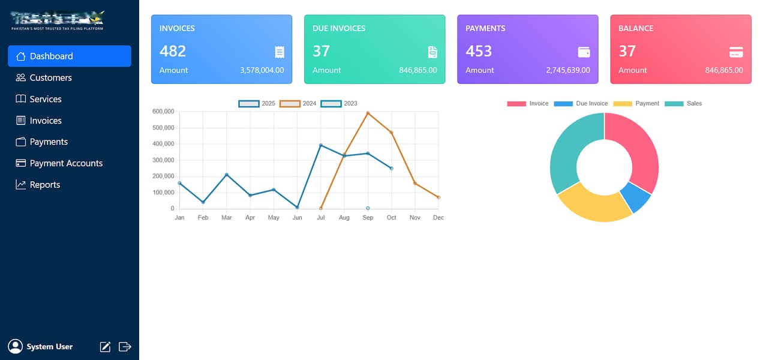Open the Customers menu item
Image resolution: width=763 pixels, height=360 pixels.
(x=50, y=77)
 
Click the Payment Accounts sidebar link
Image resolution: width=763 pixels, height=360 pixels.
(x=66, y=163)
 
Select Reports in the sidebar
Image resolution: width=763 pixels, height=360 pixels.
(x=45, y=185)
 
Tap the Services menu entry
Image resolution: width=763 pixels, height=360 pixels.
(x=46, y=99)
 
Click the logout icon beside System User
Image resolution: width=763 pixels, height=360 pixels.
(x=125, y=346)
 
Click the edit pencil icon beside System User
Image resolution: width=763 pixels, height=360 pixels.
(x=105, y=346)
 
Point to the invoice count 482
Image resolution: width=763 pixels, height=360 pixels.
(x=173, y=51)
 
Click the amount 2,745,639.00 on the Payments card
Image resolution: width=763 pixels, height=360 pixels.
(x=568, y=70)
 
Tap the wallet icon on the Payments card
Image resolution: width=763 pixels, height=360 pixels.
(x=584, y=52)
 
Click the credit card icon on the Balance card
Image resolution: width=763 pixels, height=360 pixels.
(x=736, y=52)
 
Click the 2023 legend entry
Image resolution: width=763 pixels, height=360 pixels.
(x=340, y=104)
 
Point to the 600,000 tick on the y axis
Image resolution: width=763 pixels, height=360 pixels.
(x=163, y=112)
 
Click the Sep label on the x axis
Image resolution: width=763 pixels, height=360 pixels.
(x=368, y=218)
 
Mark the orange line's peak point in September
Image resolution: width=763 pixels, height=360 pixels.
(x=368, y=113)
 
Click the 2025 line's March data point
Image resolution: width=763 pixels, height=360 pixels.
(x=227, y=175)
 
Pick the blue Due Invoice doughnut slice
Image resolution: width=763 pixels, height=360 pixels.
(x=636, y=197)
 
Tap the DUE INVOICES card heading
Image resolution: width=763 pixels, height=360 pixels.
(x=339, y=28)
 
